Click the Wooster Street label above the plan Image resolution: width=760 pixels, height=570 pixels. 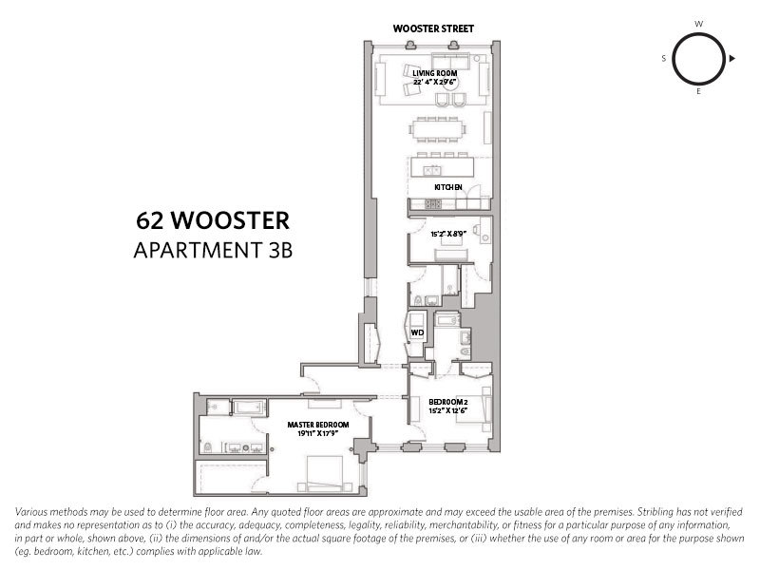coord(434,29)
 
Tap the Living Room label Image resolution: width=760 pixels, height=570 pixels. coord(436,72)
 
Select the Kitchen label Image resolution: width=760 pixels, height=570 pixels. coord(447,188)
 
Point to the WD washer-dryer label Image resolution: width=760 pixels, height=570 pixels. coord(416,332)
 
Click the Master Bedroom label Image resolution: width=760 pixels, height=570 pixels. coord(318,425)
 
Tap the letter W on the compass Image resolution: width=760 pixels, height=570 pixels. coord(698,22)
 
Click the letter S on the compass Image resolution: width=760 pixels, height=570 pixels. coord(664,59)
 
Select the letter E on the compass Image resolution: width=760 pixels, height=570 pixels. coord(698,94)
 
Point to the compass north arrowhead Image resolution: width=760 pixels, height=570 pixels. coord(732,59)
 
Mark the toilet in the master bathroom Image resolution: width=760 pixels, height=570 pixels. coord(208,447)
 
